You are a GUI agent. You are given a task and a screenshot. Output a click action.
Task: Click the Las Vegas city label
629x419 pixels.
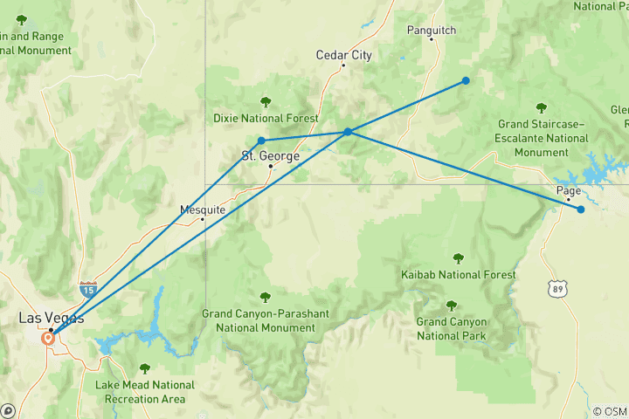tap(46, 319)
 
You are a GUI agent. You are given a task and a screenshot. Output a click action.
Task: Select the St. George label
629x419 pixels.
tap(271, 156)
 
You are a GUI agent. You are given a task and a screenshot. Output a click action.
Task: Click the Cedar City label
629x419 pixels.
tap(343, 55)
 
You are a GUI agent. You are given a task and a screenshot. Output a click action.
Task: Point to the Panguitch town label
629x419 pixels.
tap(432, 31)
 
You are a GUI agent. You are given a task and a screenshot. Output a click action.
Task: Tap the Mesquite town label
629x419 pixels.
tap(203, 209)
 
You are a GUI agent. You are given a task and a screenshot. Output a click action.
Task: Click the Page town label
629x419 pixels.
tap(568, 190)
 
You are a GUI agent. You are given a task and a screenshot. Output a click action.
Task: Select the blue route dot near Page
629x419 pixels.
tap(581, 209)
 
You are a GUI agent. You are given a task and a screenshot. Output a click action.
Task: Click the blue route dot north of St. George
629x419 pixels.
tap(261, 141)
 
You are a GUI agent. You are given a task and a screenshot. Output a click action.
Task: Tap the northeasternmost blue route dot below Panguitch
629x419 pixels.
tap(466, 80)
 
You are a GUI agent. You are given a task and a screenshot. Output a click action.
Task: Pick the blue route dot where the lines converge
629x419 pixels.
tap(348, 132)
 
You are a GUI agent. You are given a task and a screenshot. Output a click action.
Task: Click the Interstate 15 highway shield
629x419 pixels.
tap(87, 287)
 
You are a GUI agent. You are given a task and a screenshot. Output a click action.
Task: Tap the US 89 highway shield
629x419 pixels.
tap(559, 286)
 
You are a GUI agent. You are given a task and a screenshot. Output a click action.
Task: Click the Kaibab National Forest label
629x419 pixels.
tap(458, 275)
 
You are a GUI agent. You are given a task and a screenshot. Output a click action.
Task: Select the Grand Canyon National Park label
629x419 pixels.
tap(451, 328)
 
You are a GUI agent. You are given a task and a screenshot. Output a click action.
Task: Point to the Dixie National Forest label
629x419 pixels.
tap(266, 118)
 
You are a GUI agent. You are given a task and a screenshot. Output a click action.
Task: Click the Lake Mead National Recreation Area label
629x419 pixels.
tap(145, 391)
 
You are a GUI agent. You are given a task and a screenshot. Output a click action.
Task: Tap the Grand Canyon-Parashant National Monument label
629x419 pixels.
tap(259, 320)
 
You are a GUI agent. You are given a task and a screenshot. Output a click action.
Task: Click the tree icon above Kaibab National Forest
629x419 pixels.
tap(458, 258)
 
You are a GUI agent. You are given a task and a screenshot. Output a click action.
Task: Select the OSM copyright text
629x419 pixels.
tap(609, 411)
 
